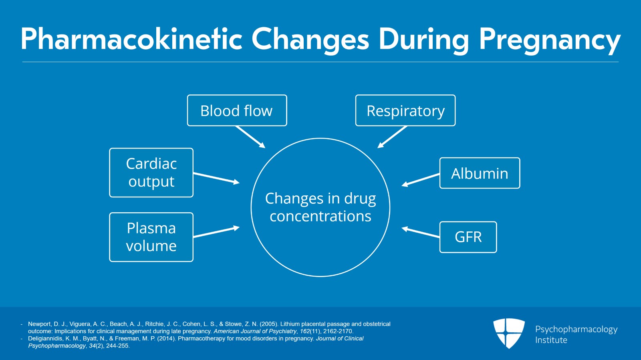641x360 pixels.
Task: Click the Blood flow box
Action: point(237,111)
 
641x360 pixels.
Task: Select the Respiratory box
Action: point(405,111)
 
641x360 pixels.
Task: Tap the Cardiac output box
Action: point(151,173)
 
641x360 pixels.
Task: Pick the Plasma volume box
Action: point(151,237)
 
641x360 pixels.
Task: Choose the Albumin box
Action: point(480,173)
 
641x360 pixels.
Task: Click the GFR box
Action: point(468,237)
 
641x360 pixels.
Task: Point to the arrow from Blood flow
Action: point(250,137)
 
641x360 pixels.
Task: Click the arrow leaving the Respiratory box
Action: point(392,137)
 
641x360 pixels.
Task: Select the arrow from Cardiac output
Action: point(216,178)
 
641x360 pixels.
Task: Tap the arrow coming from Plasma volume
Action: point(216,232)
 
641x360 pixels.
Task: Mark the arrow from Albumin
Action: point(421,180)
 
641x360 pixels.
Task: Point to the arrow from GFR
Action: point(421,232)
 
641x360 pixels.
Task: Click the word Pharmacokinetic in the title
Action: point(131,39)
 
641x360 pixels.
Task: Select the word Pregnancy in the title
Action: point(550,40)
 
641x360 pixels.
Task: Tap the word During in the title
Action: point(424,40)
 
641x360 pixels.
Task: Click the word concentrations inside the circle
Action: point(320,216)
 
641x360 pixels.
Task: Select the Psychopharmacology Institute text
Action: point(576,334)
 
